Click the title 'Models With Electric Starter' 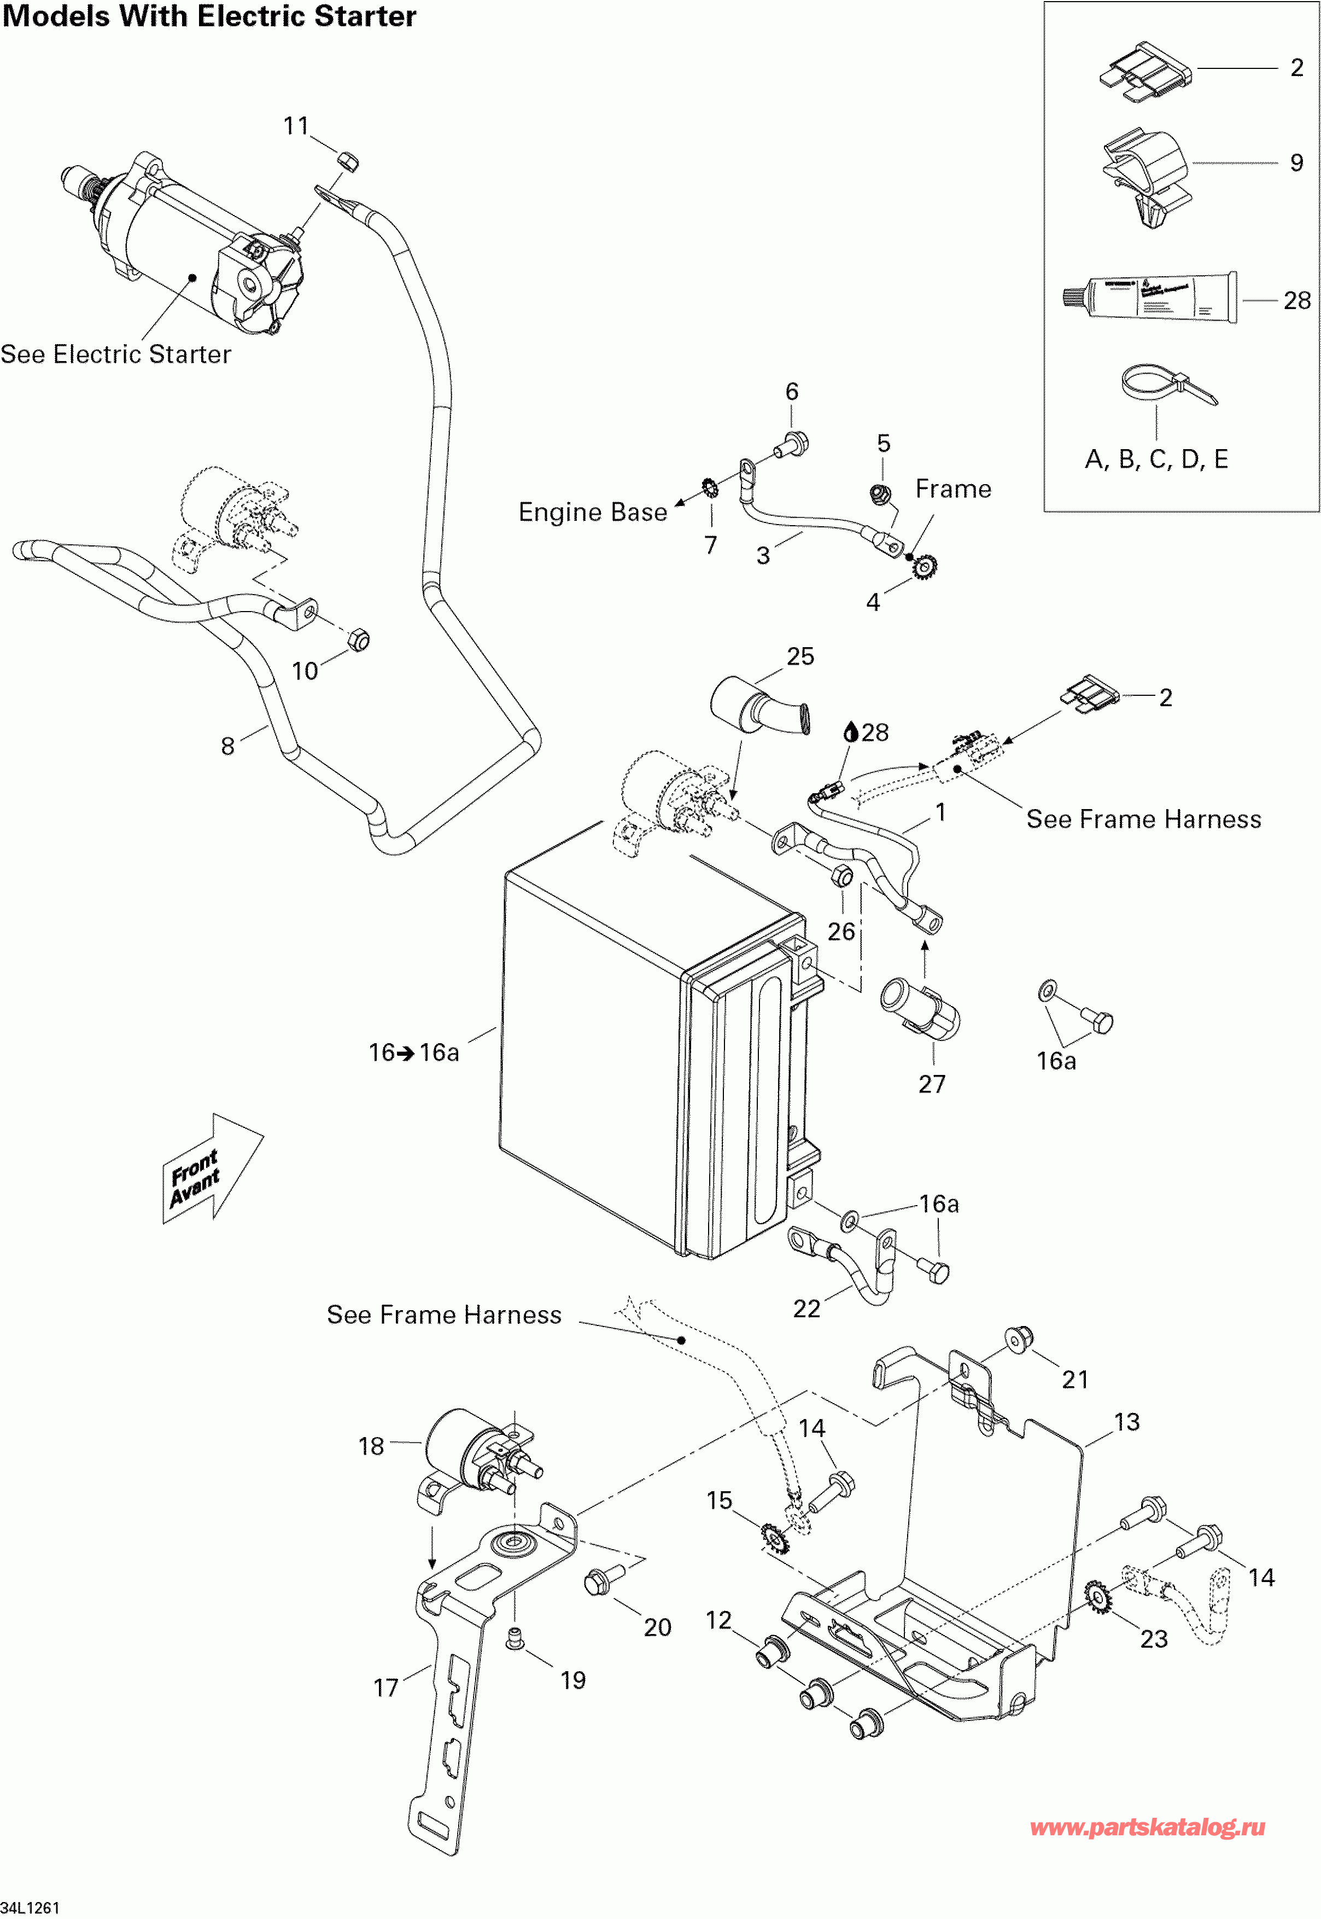[209, 16]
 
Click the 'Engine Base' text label [593, 513]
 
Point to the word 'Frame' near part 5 [952, 489]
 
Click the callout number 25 [800, 656]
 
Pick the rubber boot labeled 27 [922, 1008]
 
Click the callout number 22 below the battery [806, 1309]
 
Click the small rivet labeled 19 [516, 1637]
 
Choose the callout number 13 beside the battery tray [1126, 1422]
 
